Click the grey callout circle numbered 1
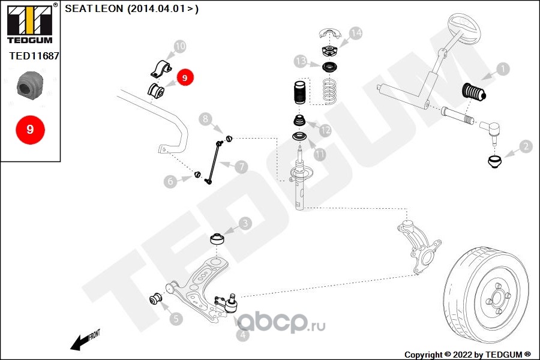point(502,69)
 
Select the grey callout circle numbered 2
point(526,146)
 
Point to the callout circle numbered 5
point(175,319)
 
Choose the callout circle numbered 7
point(241,167)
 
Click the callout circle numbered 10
point(179,46)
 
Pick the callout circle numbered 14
point(356,33)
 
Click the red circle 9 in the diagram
point(184,77)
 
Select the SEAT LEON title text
point(131,9)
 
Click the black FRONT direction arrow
point(78,343)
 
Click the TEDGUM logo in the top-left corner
point(29,23)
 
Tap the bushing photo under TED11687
point(30,86)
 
